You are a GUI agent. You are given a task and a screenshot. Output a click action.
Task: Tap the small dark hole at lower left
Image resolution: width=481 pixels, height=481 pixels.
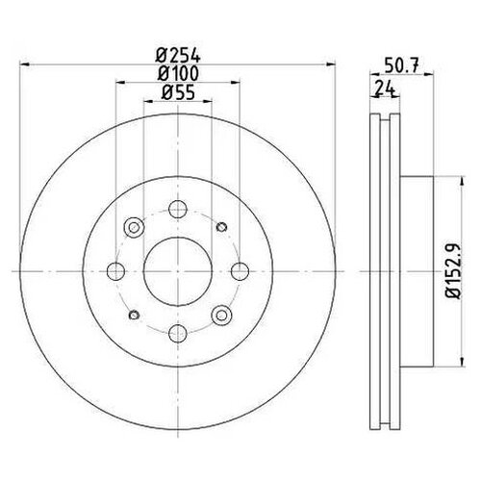pos(133,314)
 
